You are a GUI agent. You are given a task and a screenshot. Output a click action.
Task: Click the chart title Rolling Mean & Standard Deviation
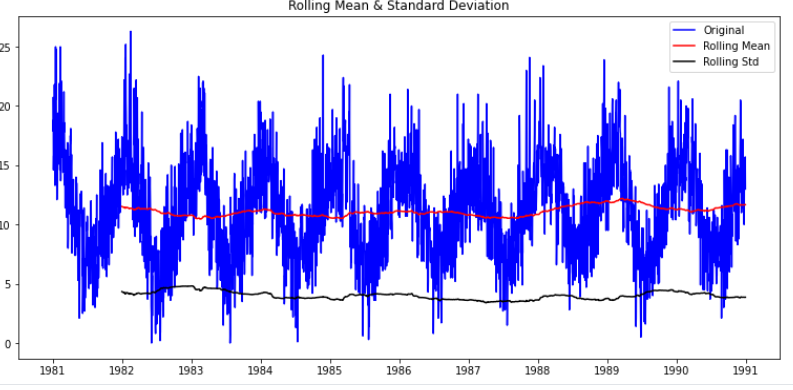[398, 6]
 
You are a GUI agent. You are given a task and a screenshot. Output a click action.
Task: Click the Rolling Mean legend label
[736, 46]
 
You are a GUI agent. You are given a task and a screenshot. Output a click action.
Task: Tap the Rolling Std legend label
[731, 62]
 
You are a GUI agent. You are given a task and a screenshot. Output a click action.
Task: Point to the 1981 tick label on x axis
[53, 371]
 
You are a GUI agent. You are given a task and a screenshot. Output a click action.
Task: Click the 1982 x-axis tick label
[122, 371]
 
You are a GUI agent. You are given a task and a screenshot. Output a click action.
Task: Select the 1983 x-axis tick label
[192, 371]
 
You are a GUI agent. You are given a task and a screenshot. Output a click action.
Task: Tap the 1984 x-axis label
[261, 371]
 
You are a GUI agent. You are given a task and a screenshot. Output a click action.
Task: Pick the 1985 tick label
[330, 371]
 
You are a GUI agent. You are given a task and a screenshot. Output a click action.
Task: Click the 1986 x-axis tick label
[400, 371]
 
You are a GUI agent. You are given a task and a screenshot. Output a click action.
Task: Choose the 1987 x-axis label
[469, 371]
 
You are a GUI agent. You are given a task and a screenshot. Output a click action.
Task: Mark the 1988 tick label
[538, 371]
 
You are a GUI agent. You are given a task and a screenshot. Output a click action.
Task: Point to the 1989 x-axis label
[607, 371]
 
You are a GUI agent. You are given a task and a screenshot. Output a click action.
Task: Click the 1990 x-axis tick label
[677, 371]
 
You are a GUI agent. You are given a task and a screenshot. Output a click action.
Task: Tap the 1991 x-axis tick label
[746, 371]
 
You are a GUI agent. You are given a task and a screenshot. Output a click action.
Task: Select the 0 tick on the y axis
[8, 343]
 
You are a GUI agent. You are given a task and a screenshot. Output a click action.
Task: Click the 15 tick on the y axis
[6, 165]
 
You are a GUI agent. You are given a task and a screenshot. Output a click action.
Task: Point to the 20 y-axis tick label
[6, 106]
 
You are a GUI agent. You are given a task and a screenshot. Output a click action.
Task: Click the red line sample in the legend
[684, 47]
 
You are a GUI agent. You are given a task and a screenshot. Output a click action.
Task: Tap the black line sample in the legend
[684, 63]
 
